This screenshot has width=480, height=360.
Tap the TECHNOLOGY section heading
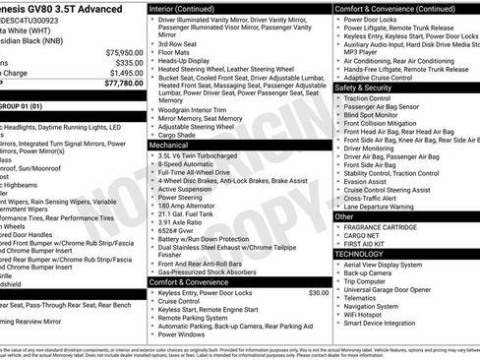click(x=359, y=254)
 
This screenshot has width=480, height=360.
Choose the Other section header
click(x=345, y=216)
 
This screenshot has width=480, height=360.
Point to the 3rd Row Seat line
click(x=177, y=44)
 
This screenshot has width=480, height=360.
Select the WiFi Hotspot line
click(x=369, y=313)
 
